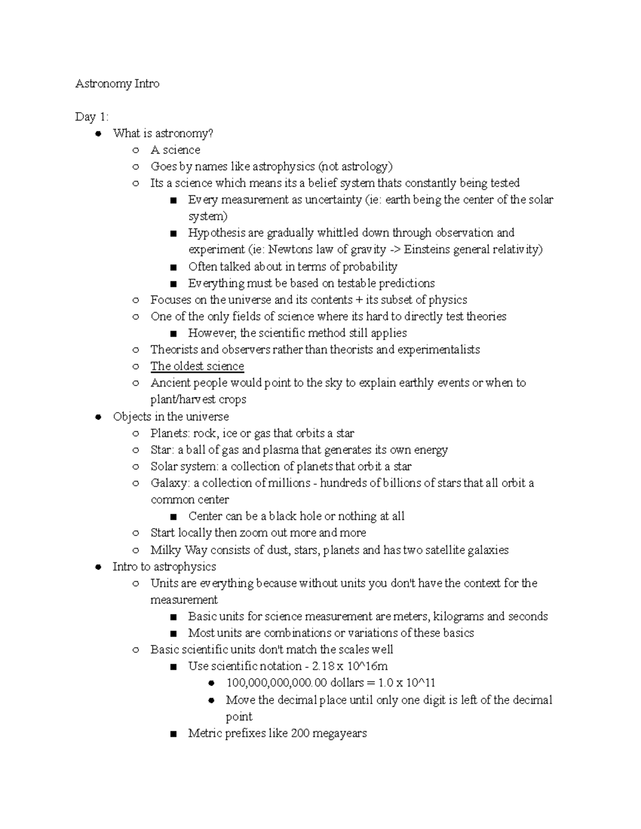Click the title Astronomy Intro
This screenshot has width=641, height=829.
pos(117,84)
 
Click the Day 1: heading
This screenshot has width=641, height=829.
pos(92,117)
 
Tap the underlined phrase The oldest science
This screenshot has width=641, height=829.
pos(197,366)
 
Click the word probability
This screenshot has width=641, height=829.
pos(370,266)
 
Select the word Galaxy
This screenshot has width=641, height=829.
pos(169,483)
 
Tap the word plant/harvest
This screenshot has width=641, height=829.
pos(183,399)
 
